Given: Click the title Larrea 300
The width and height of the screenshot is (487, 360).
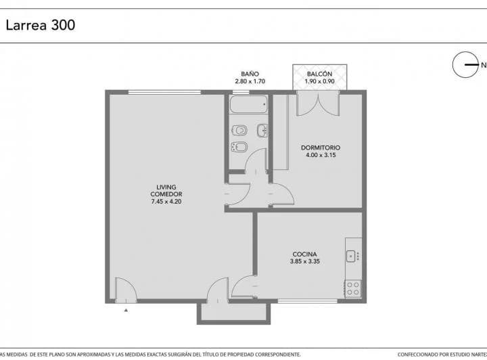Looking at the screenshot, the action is pos(41,25).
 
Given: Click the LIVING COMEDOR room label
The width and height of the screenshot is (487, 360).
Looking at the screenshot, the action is pos(166,191).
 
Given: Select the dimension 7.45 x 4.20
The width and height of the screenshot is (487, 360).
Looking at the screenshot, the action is pos(166,202).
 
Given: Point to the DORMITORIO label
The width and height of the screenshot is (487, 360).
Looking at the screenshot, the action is pos(321,148).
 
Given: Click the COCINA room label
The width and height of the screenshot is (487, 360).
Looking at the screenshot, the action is pos(304,254).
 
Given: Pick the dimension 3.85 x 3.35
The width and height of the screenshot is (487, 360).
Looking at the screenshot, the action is pos(304,261).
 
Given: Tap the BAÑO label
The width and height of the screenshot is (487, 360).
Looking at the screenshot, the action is pos(250,74).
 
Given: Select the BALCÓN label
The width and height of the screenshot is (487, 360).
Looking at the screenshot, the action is pos(319,74).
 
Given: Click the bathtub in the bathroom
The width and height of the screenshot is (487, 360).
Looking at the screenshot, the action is pos(248,104).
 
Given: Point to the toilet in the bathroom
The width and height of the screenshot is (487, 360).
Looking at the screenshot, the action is pos(239,130).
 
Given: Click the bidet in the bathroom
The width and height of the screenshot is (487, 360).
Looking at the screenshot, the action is pos(239,147).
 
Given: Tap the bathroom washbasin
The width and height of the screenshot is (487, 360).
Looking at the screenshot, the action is pos(262,131).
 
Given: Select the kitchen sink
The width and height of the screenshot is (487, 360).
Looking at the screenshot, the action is pos(352,256).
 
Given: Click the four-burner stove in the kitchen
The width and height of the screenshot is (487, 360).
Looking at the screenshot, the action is pos(353,288).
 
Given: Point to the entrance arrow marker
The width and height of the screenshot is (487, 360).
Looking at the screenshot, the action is pos(126,310).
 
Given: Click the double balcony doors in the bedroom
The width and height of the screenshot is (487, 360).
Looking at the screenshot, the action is pos(319,103).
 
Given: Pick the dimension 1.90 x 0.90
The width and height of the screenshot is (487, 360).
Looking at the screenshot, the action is pos(319,81).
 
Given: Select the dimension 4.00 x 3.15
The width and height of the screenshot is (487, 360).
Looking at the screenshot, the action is pos(321,155).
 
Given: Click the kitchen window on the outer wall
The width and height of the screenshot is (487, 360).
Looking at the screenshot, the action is pos(308,301).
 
